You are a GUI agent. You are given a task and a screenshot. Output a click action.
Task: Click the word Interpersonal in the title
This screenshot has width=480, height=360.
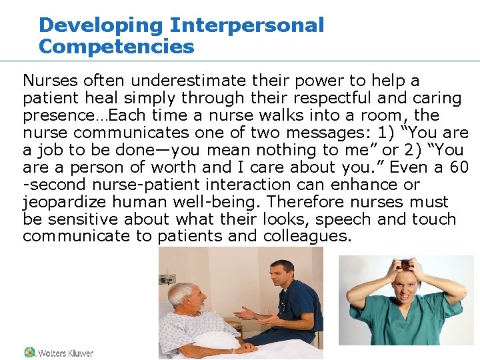[x=247, y=25]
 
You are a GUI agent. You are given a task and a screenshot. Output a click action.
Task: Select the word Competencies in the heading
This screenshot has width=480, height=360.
[x=117, y=47]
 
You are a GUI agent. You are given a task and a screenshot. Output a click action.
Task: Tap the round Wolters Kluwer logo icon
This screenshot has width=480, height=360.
[x=29, y=352]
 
